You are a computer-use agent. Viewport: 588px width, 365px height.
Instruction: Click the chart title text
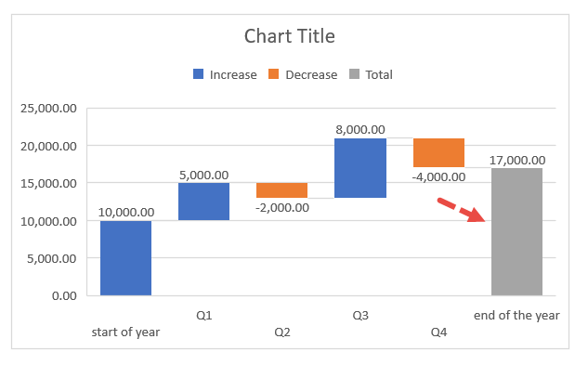pyautogui.click(x=289, y=36)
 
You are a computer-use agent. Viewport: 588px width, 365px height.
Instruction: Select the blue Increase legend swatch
pyautogui.click(x=199, y=74)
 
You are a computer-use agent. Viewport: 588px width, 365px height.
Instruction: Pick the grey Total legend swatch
pyautogui.click(x=354, y=74)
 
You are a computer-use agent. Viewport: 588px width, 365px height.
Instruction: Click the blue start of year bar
pyautogui.click(x=125, y=258)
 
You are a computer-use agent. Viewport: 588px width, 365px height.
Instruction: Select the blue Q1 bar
pyautogui.click(x=203, y=202)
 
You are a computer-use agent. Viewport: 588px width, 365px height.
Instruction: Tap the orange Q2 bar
pyautogui.click(x=281, y=190)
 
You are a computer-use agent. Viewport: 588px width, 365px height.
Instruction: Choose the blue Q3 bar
pyautogui.click(x=360, y=168)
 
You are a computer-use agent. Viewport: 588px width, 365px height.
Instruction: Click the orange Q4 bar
pyautogui.click(x=438, y=153)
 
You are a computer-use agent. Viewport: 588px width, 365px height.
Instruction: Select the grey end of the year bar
pyautogui.click(x=516, y=231)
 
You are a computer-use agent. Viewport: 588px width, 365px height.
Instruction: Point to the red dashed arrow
pyautogui.click(x=463, y=211)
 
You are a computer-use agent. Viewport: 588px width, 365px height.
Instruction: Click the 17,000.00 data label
pyautogui.click(x=516, y=160)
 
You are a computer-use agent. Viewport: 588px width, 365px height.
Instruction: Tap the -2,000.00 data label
pyautogui.click(x=281, y=206)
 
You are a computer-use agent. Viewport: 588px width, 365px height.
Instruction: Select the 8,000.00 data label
pyautogui.click(x=360, y=130)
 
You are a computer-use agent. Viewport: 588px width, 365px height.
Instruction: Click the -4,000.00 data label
pyautogui.click(x=438, y=176)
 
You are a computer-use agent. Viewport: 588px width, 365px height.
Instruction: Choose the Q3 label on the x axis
pyautogui.click(x=360, y=316)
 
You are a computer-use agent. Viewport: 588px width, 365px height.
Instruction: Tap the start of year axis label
pyautogui.click(x=125, y=332)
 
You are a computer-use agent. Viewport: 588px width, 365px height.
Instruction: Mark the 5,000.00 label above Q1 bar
pyautogui.click(x=203, y=175)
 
